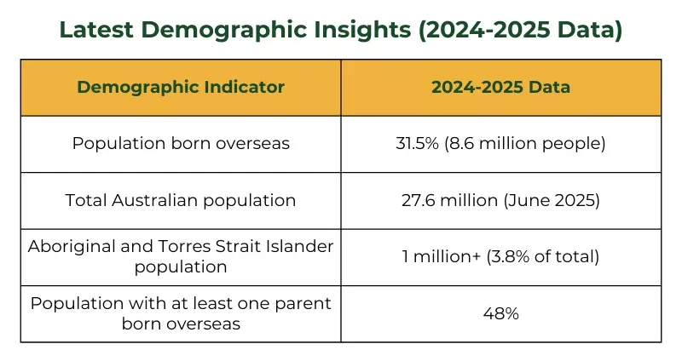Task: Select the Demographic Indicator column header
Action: click(181, 88)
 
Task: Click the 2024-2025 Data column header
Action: click(500, 88)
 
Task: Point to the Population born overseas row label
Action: click(181, 144)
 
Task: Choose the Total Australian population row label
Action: click(181, 201)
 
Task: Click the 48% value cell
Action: click(500, 314)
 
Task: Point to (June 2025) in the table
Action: click(558, 201)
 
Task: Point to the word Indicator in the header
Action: click(248, 88)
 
